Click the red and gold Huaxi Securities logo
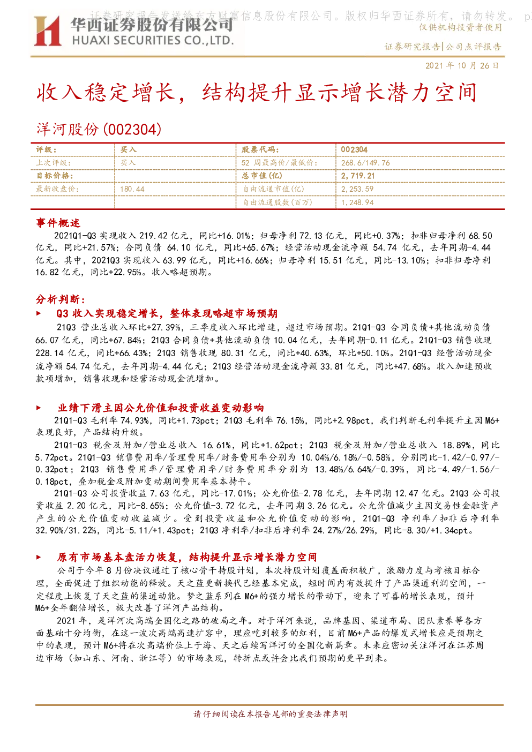point(47,31)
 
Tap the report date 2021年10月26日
point(462,65)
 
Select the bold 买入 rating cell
point(128,149)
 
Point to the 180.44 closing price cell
point(132,189)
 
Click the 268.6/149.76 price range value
point(365,163)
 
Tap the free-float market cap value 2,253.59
point(357,189)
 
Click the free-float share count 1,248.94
point(357,202)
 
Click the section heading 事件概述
point(58,223)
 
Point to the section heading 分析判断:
point(61,299)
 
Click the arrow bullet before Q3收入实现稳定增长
point(39,313)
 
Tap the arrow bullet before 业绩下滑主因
point(39,408)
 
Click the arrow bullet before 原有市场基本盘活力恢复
point(39,557)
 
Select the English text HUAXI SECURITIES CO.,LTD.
point(153,40)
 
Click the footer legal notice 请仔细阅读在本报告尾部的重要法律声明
point(271,714)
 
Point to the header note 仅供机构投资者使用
point(460,27)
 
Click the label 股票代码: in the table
point(260,149)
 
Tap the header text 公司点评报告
point(474,47)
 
